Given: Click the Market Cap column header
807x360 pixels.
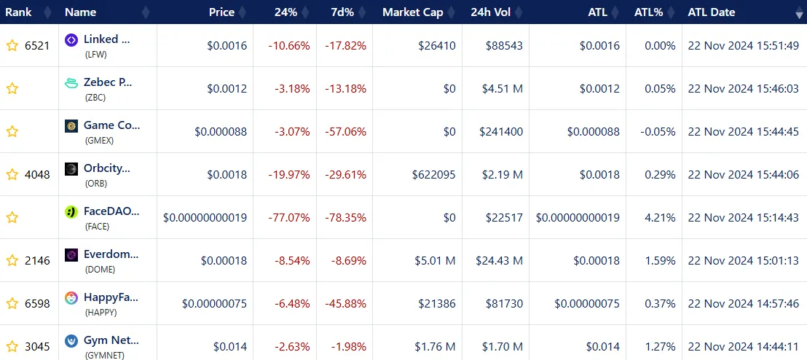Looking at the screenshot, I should (412, 12).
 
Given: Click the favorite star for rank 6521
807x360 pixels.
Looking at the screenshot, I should (12, 46).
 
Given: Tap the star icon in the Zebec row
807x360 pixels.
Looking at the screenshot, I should (12, 89).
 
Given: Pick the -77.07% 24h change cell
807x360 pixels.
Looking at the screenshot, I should (289, 217).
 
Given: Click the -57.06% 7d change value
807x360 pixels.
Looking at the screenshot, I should (345, 131).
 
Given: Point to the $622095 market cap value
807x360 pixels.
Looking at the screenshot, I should (432, 174).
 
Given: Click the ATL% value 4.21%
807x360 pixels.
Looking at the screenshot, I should (660, 217).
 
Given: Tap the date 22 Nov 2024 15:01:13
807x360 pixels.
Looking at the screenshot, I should (743, 260).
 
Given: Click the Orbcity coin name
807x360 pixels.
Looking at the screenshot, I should (107, 168).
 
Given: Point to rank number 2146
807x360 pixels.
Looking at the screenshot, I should (37, 260).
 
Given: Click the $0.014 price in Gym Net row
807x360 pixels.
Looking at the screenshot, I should (230, 346).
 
